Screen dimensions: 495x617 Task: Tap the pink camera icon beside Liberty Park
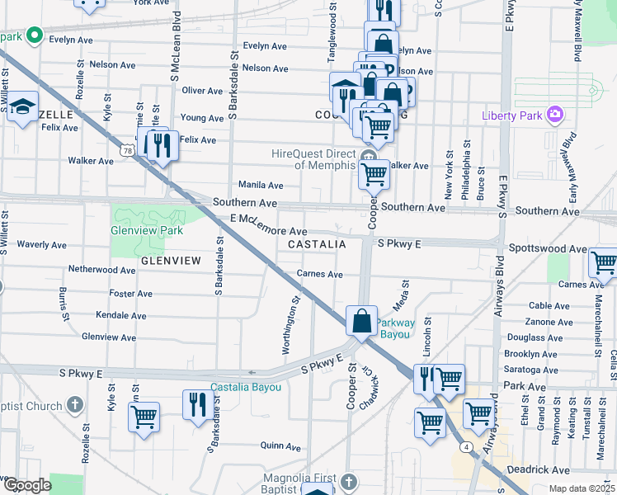point(555,114)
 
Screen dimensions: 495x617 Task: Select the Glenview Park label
point(147,231)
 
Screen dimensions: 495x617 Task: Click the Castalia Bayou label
point(246,387)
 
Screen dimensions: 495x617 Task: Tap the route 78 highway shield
point(126,151)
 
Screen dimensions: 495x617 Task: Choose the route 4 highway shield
point(467,446)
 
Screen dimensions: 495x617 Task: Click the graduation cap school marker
point(22,106)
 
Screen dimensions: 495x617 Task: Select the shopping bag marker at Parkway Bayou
point(361,320)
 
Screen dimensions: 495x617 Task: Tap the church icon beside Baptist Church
point(75,404)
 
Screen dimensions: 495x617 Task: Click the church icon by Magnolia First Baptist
point(348,480)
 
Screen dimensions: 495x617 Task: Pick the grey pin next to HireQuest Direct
point(368,155)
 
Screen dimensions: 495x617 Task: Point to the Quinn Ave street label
point(279,445)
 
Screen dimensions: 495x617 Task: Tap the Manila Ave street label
point(260,186)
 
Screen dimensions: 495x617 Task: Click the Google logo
point(26,486)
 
